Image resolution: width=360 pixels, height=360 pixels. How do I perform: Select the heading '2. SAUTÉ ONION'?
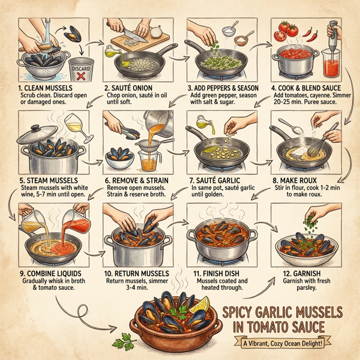pyautogui.click(x=131, y=88)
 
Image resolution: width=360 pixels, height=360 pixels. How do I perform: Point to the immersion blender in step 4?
pyautogui.click(x=329, y=45)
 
